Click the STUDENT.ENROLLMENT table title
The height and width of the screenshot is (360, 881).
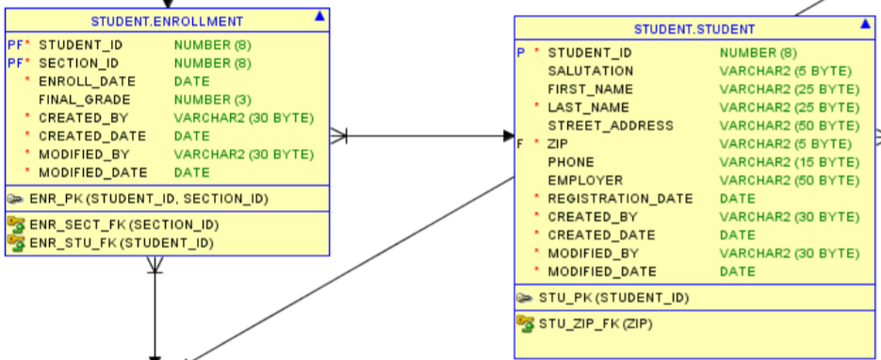pyautogui.click(x=167, y=21)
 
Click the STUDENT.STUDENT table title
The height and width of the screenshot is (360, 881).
pyautogui.click(x=694, y=29)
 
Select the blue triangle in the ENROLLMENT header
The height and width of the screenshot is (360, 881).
pyautogui.click(x=320, y=16)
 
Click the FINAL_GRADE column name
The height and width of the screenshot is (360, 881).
pyautogui.click(x=84, y=99)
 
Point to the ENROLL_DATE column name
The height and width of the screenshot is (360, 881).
pyautogui.click(x=87, y=81)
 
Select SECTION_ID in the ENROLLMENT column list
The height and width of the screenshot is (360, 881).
pyautogui.click(x=78, y=63)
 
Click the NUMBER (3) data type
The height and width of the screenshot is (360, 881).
pyautogui.click(x=212, y=99)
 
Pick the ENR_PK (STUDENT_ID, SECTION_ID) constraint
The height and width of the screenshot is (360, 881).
pyautogui.click(x=149, y=199)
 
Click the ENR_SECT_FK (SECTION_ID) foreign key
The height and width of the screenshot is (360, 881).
pyautogui.click(x=123, y=224)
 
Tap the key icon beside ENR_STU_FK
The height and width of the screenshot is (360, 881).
pyautogui.click(x=15, y=242)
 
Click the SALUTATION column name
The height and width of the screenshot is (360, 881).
pyautogui.click(x=591, y=71)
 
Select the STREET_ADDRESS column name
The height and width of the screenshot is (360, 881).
pyautogui.click(x=611, y=125)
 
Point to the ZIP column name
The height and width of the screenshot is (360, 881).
pyautogui.click(x=560, y=143)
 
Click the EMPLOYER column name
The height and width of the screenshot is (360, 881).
pyautogui.click(x=585, y=180)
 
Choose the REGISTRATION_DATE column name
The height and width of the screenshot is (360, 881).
pyautogui.click(x=620, y=198)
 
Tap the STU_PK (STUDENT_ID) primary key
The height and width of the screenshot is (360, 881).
pyautogui.click(x=612, y=298)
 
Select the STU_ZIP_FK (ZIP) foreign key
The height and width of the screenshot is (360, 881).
pyautogui.click(x=595, y=323)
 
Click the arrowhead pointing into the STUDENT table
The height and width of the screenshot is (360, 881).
pyautogui.click(x=509, y=137)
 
